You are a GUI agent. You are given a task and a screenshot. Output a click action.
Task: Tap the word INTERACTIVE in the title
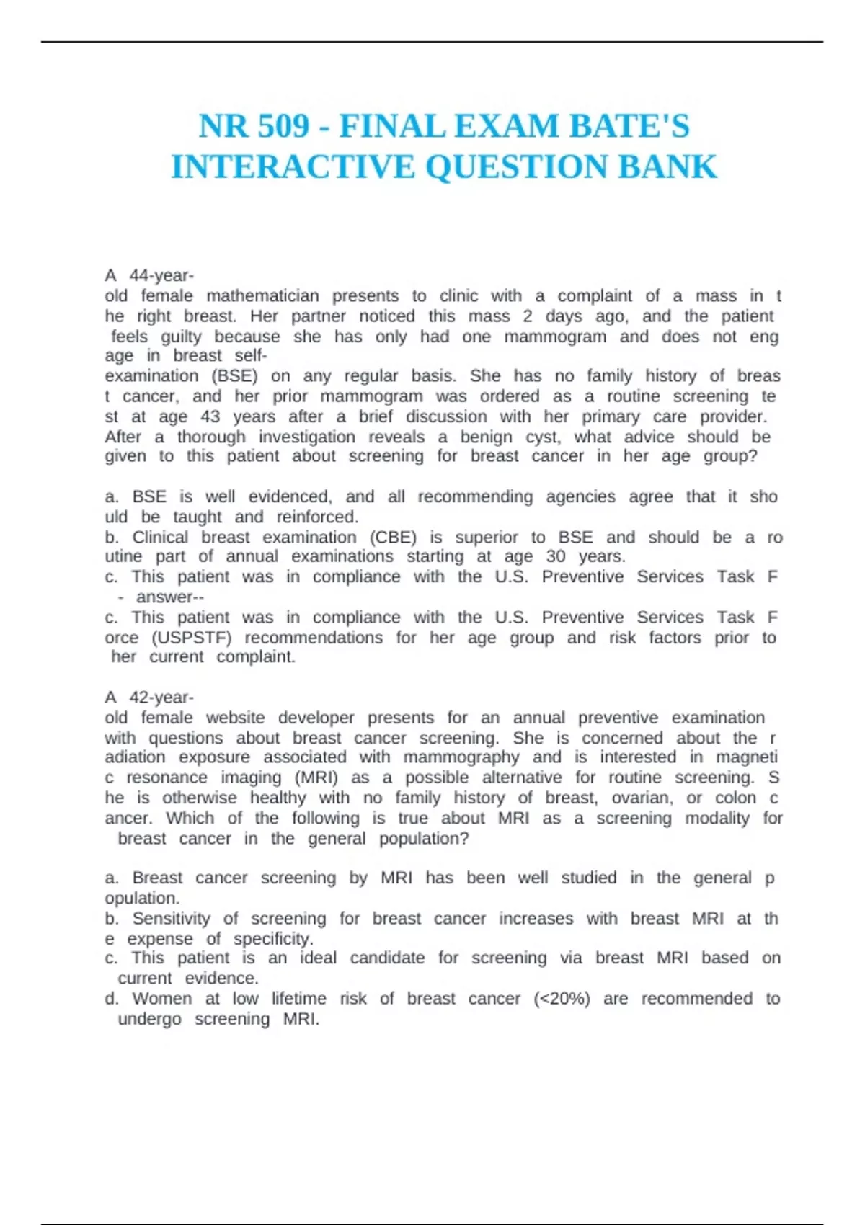293,167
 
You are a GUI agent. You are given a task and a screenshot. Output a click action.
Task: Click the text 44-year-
161,276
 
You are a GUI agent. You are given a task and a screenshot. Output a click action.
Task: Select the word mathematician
262,296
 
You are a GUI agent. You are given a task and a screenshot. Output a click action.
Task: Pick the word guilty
181,337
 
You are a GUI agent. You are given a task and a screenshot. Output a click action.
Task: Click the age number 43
210,416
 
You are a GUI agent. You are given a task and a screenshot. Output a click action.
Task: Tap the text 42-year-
161,698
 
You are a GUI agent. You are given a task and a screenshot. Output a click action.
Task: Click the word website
235,718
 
